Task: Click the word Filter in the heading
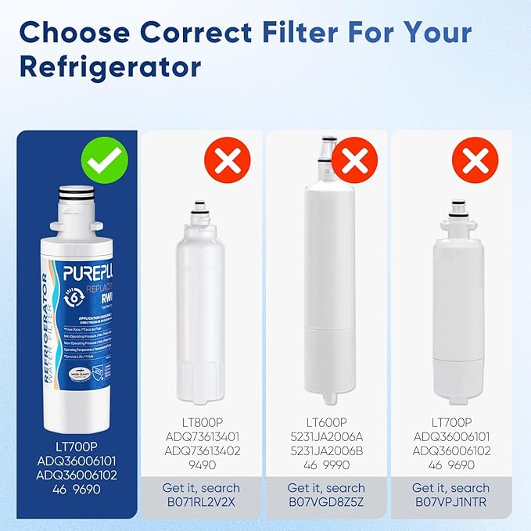[x=310, y=33]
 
